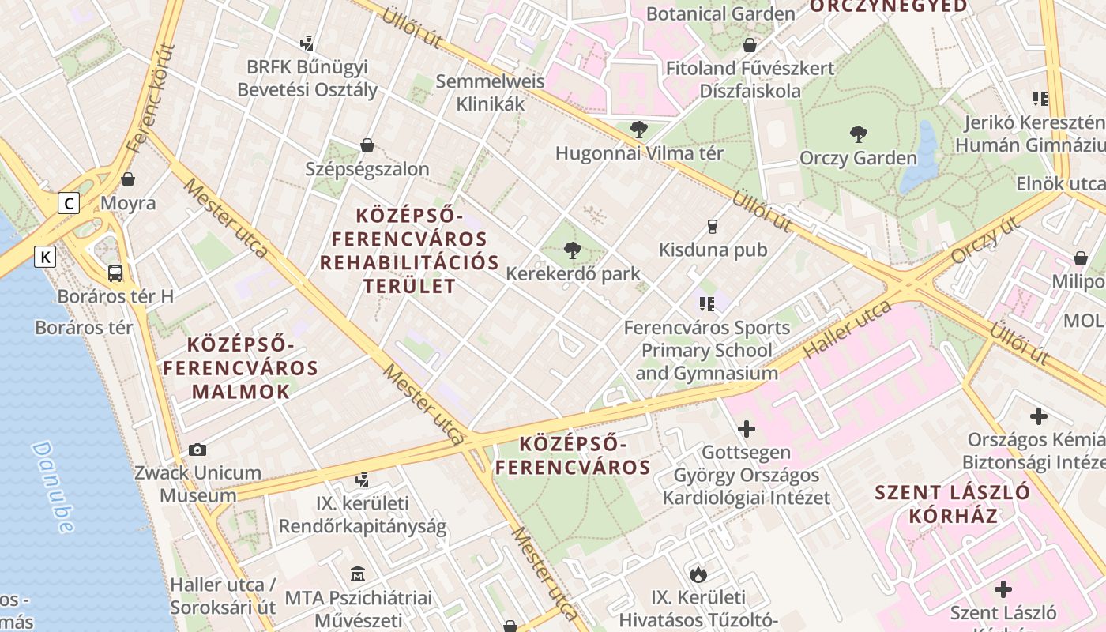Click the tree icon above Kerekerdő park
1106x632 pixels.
[572, 251]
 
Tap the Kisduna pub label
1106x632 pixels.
[713, 250]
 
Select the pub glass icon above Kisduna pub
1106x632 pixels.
[713, 227]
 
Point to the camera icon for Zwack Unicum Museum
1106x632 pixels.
[197, 450]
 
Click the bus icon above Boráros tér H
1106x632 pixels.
[115, 273]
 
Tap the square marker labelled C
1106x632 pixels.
[70, 204]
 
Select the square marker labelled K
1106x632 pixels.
[46, 257]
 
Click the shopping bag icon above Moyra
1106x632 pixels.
[128, 179]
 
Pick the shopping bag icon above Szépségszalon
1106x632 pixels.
[367, 145]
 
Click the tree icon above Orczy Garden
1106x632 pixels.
[858, 134]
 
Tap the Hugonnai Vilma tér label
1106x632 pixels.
[639, 153]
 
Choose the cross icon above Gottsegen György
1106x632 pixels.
[746, 430]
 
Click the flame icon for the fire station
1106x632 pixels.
[698, 574]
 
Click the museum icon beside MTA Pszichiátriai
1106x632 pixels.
[357, 574]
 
